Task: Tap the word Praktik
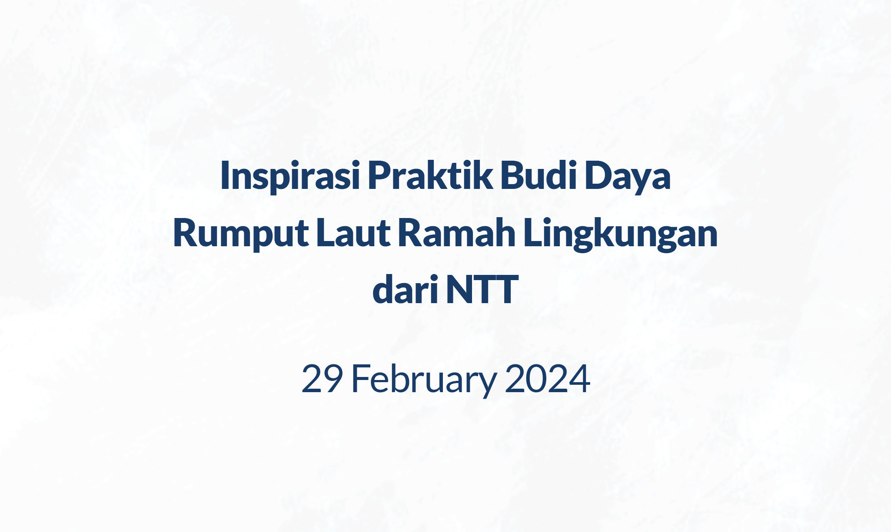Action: click(430, 175)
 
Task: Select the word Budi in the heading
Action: click(538, 175)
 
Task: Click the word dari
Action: click(405, 289)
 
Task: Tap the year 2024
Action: click(547, 379)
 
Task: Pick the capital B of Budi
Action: click(512, 175)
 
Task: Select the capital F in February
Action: click(361, 379)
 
